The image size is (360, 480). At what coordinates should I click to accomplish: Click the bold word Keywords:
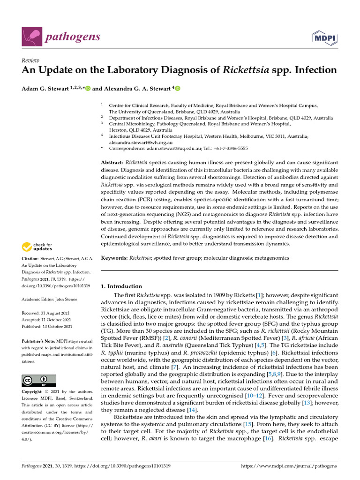[x=114, y=258]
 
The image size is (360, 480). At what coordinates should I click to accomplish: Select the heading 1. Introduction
[x=121, y=286]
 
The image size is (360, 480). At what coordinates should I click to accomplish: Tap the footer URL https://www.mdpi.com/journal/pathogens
[x=288, y=466]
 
